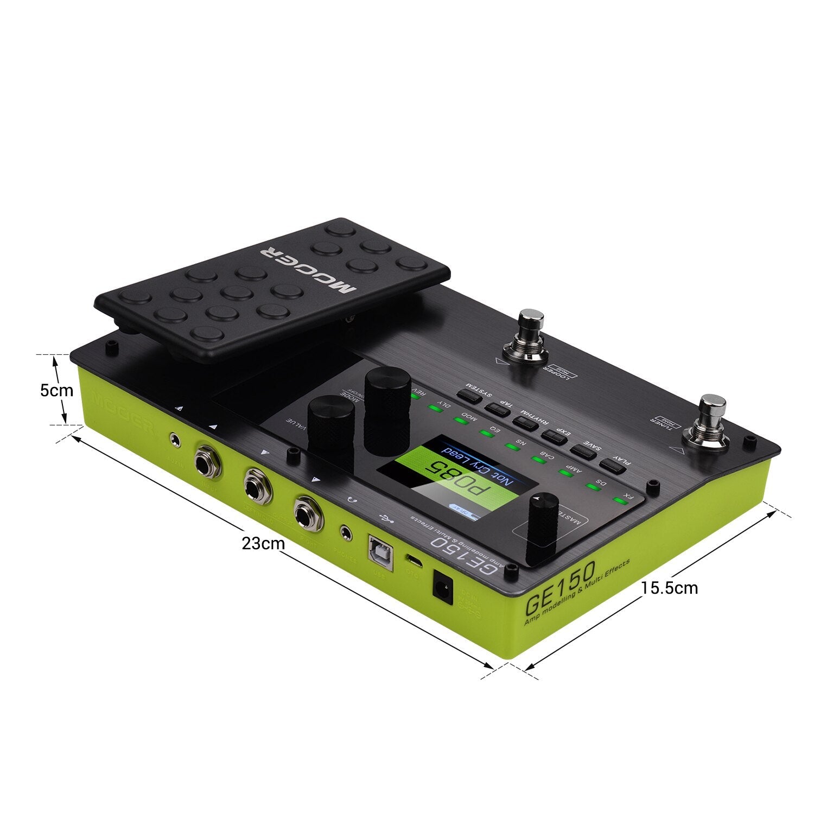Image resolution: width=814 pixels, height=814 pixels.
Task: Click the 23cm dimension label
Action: click(263, 543)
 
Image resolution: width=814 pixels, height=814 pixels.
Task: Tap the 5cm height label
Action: click(56, 390)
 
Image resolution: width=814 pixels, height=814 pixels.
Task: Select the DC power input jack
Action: click(442, 587)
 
